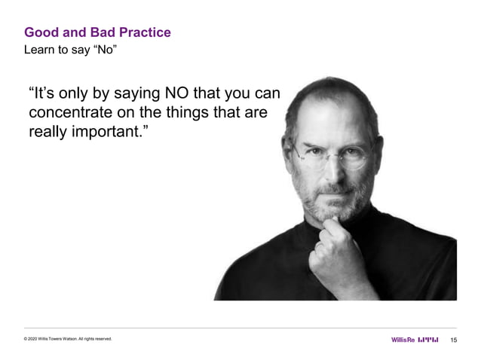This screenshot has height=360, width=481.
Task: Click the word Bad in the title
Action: [x=94, y=32]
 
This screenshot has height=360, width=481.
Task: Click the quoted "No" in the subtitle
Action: [x=104, y=50]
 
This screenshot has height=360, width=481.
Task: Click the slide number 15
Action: [x=453, y=340]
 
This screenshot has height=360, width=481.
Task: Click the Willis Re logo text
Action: [x=403, y=340]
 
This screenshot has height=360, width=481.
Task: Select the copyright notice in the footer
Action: [x=68, y=340]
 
